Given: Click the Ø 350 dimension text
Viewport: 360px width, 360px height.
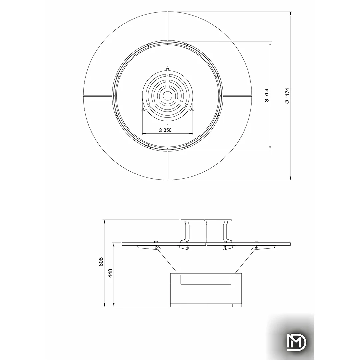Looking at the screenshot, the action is pyautogui.click(x=165, y=130).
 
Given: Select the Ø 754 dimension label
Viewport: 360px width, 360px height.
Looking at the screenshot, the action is pyautogui.click(x=267, y=96).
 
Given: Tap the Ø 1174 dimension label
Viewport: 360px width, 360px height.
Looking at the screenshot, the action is pyautogui.click(x=287, y=96).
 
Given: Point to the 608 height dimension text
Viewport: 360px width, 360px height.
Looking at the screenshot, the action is pyautogui.click(x=101, y=262).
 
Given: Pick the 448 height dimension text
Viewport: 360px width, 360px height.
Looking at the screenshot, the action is pyautogui.click(x=110, y=273).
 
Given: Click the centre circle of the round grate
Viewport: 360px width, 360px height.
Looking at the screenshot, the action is pyautogui.click(x=168, y=96).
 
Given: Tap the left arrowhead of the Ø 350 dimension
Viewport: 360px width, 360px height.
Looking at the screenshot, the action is pyautogui.click(x=144, y=133).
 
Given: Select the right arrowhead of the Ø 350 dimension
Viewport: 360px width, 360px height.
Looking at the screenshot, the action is pyautogui.click(x=191, y=133).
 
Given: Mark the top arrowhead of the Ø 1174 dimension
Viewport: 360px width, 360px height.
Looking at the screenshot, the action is pyautogui.click(x=291, y=13).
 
